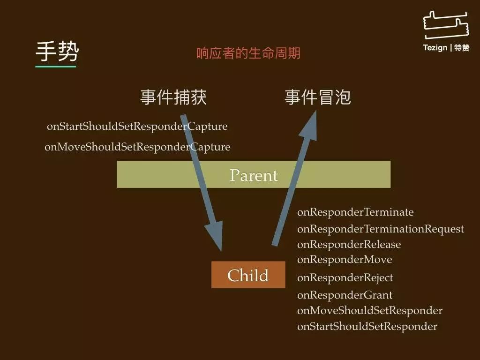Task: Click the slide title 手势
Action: tap(57, 52)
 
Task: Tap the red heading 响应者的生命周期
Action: tap(248, 53)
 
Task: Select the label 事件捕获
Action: tap(173, 97)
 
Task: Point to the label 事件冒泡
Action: tap(318, 97)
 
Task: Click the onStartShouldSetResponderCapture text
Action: tap(137, 126)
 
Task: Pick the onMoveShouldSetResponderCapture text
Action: tap(137, 147)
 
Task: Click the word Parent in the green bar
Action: tap(254, 175)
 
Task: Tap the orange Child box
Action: tap(248, 275)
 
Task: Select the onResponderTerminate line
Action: tap(355, 212)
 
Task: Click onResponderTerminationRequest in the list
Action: tap(381, 229)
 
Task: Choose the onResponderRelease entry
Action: tap(349, 244)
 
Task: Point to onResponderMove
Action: tap(345, 260)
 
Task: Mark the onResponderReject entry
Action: tap(345, 277)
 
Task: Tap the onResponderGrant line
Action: tap(345, 295)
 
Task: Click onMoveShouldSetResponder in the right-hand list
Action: tap(370, 310)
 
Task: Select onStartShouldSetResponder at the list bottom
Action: tap(367, 326)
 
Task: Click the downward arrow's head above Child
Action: tap(215, 235)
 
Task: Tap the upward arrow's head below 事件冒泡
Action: tap(310, 126)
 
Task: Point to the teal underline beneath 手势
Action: tap(56, 66)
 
